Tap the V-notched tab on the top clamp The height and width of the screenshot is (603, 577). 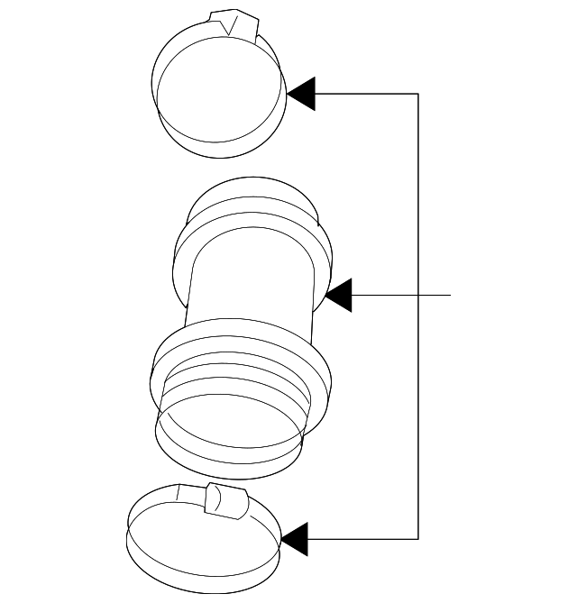[232, 23]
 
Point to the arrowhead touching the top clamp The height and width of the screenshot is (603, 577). [301, 94]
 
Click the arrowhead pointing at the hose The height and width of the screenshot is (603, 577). [338, 296]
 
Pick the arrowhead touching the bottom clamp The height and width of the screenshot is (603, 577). [295, 539]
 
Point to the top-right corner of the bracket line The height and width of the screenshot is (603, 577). [418, 94]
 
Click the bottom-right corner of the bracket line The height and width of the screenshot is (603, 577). [418, 539]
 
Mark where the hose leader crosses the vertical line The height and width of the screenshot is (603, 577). [418, 295]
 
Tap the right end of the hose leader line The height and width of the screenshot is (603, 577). [449, 295]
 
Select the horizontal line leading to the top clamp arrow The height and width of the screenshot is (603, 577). [365, 94]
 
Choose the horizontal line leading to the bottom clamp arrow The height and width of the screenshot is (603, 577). [361, 539]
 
